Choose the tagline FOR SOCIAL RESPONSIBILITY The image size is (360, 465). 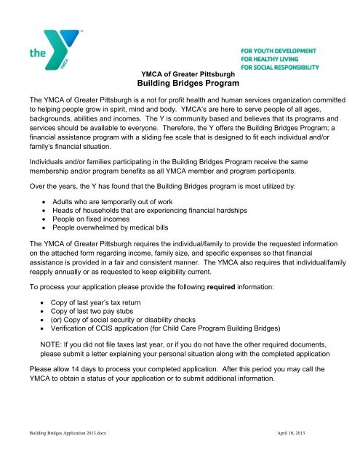pos(279,67)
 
